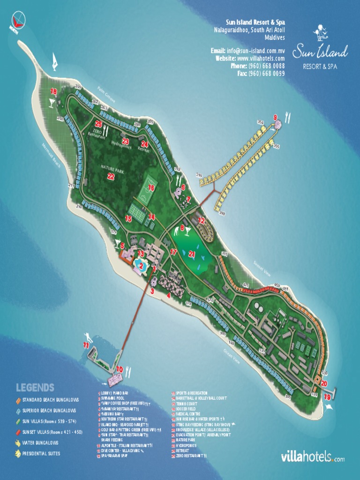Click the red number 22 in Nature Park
pyautogui.click(x=111, y=177)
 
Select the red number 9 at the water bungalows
pyautogui.click(x=275, y=117)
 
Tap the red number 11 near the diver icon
pyautogui.click(x=86, y=345)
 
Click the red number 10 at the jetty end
pyautogui.click(x=120, y=369)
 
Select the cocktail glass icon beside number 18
pyautogui.click(x=52, y=103)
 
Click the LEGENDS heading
pyautogui.click(x=35, y=388)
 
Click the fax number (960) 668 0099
pyautogui.click(x=266, y=74)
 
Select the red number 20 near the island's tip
pyautogui.click(x=324, y=383)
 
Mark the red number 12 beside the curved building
pyautogui.click(x=202, y=220)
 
